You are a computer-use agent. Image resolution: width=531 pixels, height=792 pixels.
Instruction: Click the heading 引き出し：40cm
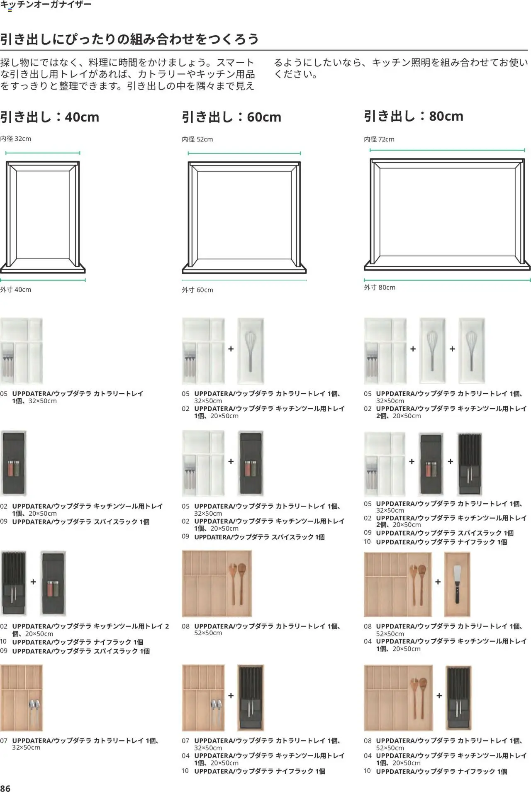pos(50,117)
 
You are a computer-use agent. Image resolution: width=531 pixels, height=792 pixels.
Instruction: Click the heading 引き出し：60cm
pos(231,117)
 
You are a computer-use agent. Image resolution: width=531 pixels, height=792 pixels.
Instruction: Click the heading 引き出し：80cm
pos(414,116)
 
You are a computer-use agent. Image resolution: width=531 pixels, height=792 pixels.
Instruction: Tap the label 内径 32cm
pos(16,139)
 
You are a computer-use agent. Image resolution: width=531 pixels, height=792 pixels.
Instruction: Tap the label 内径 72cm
pos(379,139)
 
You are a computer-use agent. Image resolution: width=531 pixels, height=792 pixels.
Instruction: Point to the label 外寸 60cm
pos(197,290)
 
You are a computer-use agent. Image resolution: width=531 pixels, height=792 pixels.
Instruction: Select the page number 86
pos(5,788)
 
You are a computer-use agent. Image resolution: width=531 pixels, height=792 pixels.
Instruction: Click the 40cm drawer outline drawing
pos(43,217)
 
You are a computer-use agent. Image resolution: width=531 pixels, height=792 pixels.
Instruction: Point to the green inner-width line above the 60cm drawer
pos(244,154)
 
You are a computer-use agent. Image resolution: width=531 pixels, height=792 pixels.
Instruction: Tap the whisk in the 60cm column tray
pos(250,351)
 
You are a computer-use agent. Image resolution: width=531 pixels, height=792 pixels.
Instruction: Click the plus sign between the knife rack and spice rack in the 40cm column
pos(33,582)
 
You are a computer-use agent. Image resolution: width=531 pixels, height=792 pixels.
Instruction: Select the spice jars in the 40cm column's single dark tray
pos(14,468)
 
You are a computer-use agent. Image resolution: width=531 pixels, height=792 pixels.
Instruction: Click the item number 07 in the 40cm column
pos(4,741)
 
